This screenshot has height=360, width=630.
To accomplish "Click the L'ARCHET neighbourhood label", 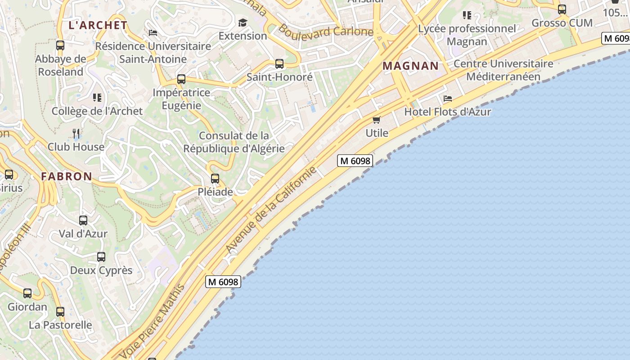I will pos(98,25).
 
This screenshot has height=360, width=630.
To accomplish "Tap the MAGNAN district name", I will pos(410,66).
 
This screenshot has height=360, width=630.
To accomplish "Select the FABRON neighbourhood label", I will pos(67,176).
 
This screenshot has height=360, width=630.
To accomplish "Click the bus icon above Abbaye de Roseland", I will pos(60,45).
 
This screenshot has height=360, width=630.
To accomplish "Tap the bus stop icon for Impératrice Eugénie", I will pos(181,79).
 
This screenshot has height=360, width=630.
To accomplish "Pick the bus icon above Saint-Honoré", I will pos(279,64).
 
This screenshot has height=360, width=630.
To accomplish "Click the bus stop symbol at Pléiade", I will pos(215,179).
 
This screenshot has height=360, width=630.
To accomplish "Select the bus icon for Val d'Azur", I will pos(83,220).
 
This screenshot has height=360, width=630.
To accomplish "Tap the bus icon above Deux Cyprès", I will pos(101,257).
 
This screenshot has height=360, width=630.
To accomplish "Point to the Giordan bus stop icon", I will pos(27,293).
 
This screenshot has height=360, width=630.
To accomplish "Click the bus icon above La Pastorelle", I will pos(60,311).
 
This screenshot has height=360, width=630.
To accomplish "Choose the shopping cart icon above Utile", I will pos(377,120).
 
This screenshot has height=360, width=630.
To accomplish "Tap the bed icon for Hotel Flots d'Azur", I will pos(447,98).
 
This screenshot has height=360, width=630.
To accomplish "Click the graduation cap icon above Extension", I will pos(243,22).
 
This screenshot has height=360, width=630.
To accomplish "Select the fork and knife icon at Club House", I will pos(76,133).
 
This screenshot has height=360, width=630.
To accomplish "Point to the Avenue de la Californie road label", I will pos(271,210).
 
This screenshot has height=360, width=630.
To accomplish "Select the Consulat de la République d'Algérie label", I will pos(234,142).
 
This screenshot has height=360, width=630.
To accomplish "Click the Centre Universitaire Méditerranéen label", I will pos(503,70).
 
